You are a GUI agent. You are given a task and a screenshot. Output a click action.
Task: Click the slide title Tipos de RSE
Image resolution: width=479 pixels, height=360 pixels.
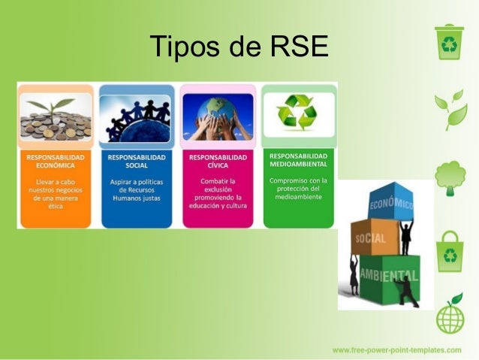239,47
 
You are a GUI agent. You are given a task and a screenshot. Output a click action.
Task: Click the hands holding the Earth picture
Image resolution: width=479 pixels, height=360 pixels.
218,117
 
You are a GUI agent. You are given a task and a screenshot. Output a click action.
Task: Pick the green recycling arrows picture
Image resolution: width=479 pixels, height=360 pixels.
298,114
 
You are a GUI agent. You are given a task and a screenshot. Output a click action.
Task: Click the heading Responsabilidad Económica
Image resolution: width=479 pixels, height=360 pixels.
56,162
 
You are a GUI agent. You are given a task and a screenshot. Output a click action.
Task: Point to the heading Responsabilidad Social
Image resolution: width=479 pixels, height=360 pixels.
137,162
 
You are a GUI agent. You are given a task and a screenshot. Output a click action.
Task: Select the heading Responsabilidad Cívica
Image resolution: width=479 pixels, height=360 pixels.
218,162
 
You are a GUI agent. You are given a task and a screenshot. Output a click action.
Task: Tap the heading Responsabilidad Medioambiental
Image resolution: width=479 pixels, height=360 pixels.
298,159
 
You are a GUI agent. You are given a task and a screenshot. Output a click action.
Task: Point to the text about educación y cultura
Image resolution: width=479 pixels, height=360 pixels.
218,193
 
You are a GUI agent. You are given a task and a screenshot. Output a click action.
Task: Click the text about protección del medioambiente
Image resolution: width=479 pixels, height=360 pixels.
298,189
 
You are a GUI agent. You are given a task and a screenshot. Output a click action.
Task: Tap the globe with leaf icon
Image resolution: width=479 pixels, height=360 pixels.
450,316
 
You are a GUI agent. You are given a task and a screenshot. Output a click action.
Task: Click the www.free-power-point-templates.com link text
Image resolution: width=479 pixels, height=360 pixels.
396,350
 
